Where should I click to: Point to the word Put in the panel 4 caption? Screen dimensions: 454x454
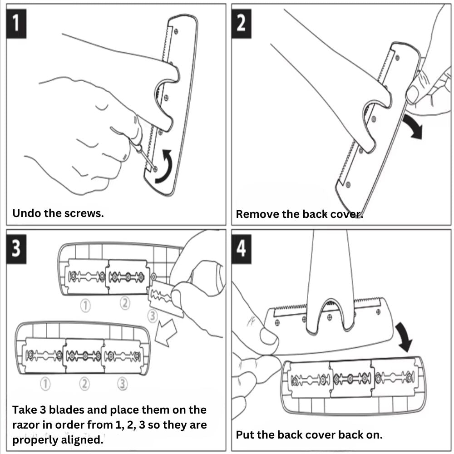[x=245, y=434]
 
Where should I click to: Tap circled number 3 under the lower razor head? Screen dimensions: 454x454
[x=122, y=384]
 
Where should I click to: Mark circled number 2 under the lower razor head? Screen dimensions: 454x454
[x=84, y=384]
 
